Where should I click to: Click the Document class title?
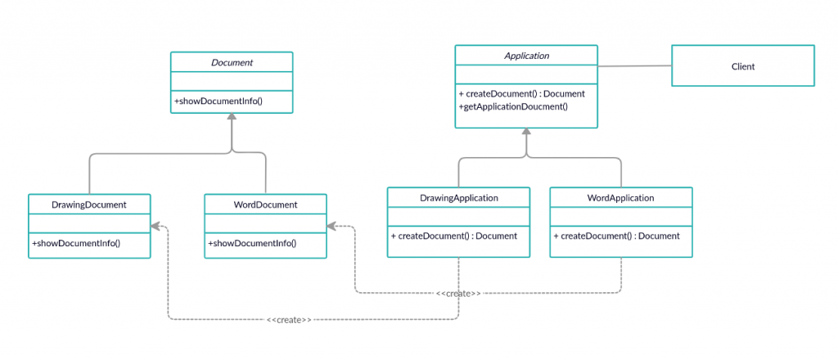tap(232, 62)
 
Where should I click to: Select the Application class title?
tap(527, 56)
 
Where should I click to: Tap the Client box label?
tap(743, 67)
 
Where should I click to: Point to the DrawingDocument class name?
tap(89, 205)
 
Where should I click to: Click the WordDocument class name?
tap(266, 205)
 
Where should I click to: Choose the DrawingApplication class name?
tap(459, 198)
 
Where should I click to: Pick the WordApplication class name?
tap(621, 198)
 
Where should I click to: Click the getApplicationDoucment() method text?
tap(513, 106)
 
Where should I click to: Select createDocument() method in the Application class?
tap(521, 94)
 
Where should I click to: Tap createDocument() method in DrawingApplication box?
tap(454, 236)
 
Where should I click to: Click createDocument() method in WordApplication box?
tap(617, 236)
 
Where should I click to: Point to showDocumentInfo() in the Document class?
tap(218, 100)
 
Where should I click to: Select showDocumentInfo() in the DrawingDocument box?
tap(76, 244)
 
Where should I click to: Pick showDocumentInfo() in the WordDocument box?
tap(252, 244)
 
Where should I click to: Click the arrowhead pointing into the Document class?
tap(232, 116)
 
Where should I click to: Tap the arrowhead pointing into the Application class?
tap(526, 132)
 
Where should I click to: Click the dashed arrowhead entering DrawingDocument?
tap(155, 227)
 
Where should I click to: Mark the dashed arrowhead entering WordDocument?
tap(332, 227)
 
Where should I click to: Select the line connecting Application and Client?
tap(634, 66)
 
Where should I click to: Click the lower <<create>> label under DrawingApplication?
tap(289, 319)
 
